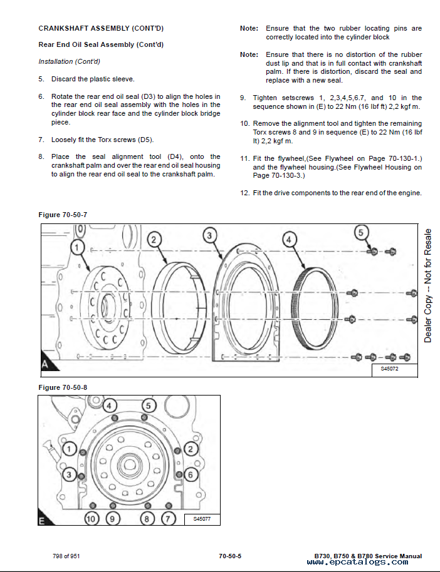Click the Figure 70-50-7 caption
point(63,215)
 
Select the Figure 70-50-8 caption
point(63,387)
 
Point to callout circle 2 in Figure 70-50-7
point(156,238)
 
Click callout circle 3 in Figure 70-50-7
point(211,235)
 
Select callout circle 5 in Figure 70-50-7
point(360,233)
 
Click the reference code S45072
point(389,369)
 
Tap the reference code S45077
point(201,518)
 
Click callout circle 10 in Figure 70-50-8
point(92,518)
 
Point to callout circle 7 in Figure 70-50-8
point(167,518)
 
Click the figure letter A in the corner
point(45,364)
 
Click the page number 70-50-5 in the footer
point(230,556)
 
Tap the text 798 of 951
point(66,556)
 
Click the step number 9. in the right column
point(243,98)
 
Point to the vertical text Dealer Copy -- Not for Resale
point(429,285)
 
